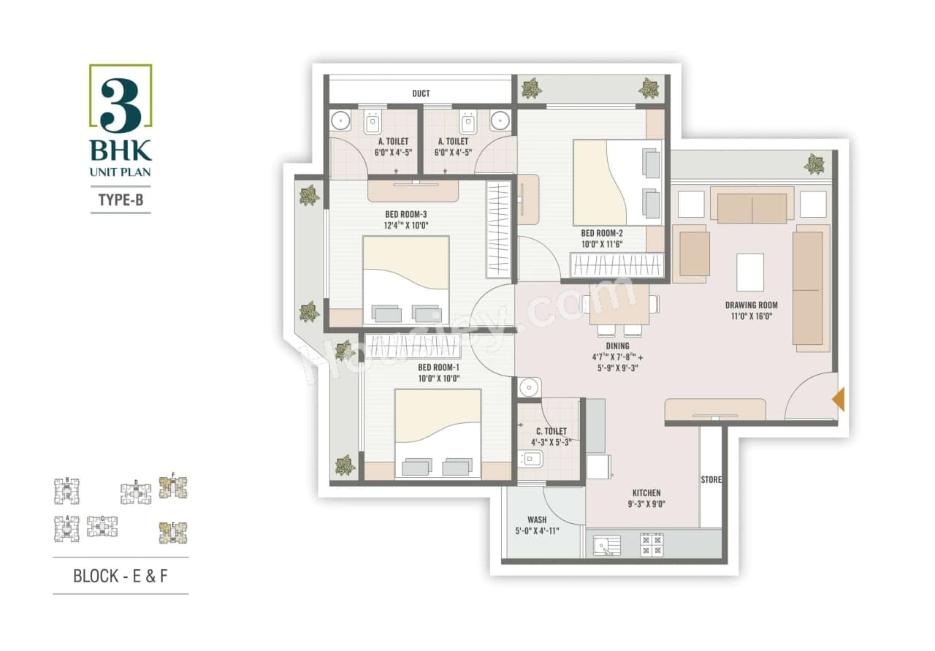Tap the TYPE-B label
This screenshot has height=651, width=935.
point(121,198)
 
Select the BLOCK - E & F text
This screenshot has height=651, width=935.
point(121,576)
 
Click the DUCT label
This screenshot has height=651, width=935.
point(421,94)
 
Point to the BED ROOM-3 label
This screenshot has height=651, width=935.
point(406,214)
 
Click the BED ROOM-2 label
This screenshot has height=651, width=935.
point(602,234)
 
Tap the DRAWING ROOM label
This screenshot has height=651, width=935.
point(751,305)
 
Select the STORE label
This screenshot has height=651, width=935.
point(711,480)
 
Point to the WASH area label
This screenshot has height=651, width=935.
point(537,520)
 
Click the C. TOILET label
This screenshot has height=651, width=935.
point(551,432)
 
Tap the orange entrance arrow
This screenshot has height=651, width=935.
point(839,399)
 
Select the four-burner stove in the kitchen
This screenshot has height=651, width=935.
point(652,545)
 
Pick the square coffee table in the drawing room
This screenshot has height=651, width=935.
point(750,273)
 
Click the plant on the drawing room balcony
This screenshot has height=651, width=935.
point(814,164)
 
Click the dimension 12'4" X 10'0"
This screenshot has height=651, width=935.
point(406,225)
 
